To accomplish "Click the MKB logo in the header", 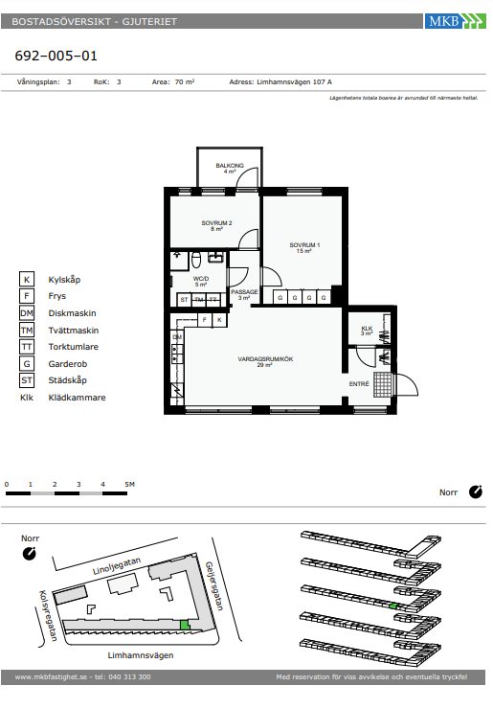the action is pos(455,21).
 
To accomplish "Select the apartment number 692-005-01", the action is pos(56,56).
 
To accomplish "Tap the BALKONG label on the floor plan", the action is pos(230,166).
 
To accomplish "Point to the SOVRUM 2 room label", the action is pos(216,223).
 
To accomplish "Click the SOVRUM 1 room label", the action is pos(304,245).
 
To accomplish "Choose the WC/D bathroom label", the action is pos(201,279).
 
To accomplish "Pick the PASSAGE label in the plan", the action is pos(244,292).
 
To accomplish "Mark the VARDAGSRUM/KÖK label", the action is pos(265,359).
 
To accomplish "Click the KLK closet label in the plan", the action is pos(367,329).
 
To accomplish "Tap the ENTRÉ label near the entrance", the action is pos(359,384).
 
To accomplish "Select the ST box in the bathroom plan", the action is pos(184,299).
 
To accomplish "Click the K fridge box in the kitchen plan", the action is pos(219,320).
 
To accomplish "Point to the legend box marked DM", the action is pos(27,313).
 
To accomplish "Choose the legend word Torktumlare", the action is pos(73,347).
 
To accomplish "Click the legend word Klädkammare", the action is pos(77,398).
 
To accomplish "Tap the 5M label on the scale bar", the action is pos(129,484).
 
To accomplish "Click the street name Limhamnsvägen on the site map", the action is pos(141,655).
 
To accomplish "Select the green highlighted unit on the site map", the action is pos(185,625).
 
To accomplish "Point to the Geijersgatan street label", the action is pos(214,586).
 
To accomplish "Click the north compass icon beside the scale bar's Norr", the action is pos(476,492).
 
